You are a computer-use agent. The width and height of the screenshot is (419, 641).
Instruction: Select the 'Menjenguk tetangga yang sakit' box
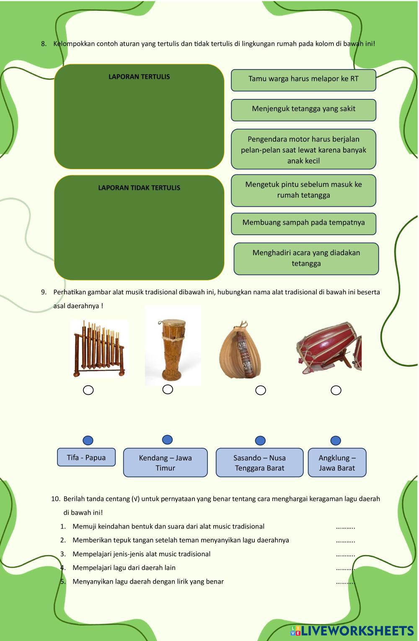coord(303,109)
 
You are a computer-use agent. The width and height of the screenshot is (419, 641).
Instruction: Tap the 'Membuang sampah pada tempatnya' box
coord(303,223)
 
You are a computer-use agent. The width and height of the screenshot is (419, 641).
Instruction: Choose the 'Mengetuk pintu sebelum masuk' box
coord(303,190)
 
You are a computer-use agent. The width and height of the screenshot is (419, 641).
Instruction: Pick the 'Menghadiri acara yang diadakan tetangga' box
coord(306,258)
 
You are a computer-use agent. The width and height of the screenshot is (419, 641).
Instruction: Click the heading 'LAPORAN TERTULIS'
coord(139,77)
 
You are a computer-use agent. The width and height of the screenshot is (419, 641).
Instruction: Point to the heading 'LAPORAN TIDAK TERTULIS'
coord(139,188)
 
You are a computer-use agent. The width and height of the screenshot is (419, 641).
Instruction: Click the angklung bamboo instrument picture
coord(99,348)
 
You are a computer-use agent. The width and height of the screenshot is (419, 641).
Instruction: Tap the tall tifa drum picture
coord(173,345)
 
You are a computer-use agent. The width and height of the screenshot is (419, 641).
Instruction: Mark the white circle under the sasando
coord(261,390)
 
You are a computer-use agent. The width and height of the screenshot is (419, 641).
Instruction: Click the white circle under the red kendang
coord(336,390)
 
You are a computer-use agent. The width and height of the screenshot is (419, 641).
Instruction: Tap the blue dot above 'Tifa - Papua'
coord(88,440)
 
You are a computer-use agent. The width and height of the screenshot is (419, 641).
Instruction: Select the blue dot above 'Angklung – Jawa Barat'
coord(336,440)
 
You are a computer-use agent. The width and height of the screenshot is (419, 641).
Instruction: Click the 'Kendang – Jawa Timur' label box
coord(165,463)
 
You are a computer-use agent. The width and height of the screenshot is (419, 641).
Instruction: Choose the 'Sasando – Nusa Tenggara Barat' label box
coord(259,463)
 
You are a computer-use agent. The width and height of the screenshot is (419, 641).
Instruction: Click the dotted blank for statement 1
coord(345,527)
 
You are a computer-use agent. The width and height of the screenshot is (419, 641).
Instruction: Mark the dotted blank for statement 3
coord(345,555)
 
